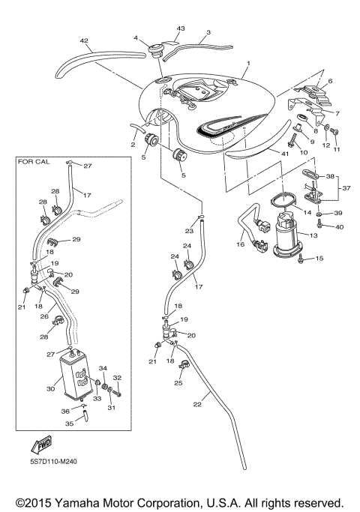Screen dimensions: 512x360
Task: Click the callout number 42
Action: coord(84,42)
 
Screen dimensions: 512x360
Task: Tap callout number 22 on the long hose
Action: coord(197,405)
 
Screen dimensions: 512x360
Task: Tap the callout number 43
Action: coord(180,28)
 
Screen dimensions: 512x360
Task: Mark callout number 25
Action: coord(178,383)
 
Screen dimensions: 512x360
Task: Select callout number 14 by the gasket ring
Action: coord(307,213)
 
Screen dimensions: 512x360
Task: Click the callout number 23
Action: coord(189,231)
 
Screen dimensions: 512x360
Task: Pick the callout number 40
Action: coord(339,226)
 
